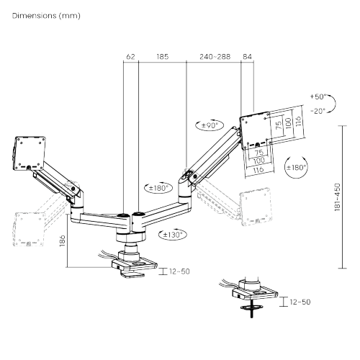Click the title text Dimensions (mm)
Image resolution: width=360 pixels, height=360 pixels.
(40, 15)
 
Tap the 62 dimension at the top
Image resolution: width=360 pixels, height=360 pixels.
(130, 55)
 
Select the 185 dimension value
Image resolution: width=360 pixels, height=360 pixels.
(162, 55)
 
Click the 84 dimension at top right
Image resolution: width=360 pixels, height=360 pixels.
(248, 55)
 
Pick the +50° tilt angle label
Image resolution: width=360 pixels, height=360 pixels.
(317, 96)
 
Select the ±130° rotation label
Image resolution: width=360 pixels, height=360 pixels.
(173, 234)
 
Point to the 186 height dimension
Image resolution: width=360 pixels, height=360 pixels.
(63, 241)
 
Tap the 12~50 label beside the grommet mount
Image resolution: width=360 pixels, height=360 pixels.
(300, 303)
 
